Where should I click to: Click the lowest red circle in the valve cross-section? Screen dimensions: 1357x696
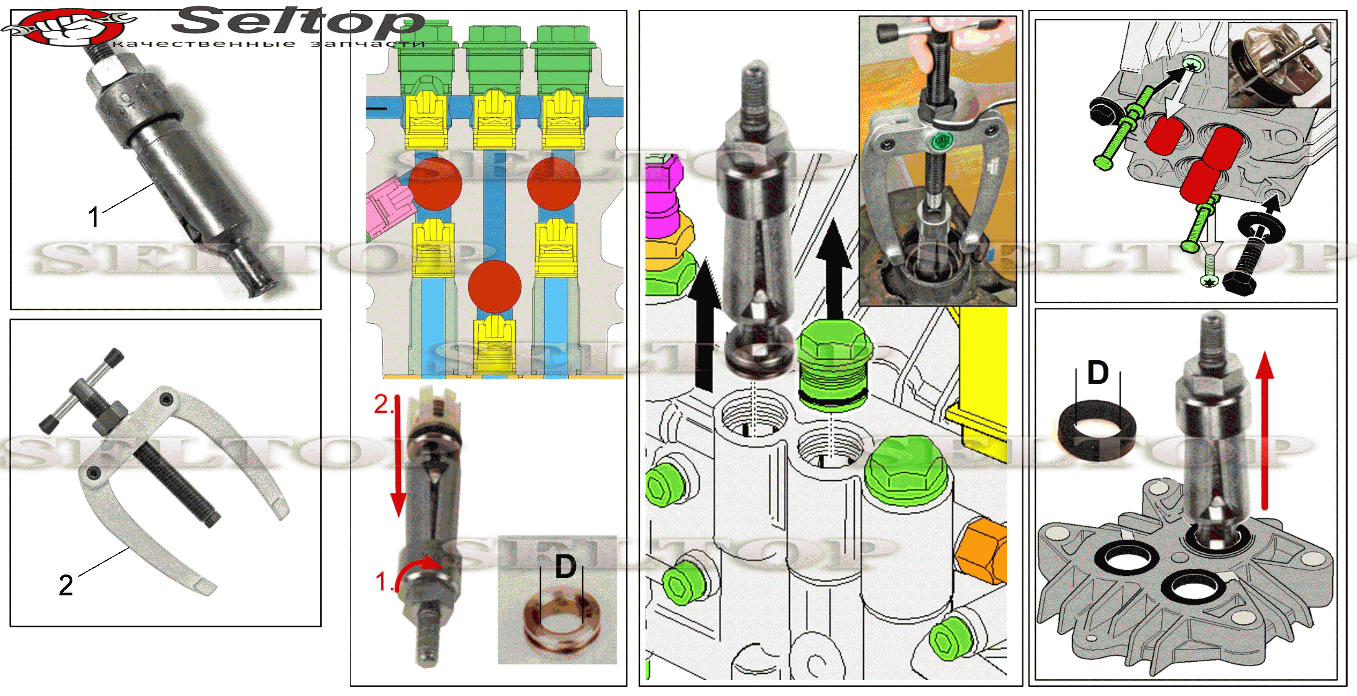coord(495,287)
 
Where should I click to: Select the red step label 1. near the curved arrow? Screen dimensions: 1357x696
coord(384,582)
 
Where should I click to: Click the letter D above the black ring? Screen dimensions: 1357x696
coord(1098,373)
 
